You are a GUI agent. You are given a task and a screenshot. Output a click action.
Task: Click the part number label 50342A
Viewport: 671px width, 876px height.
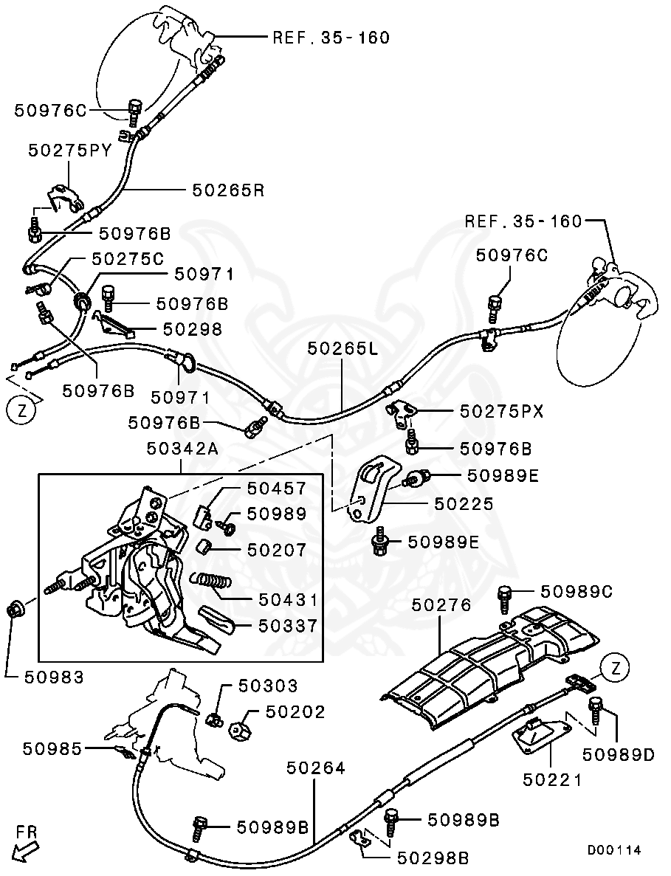point(183,447)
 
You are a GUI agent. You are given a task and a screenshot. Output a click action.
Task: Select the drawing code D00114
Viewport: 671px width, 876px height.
point(614,850)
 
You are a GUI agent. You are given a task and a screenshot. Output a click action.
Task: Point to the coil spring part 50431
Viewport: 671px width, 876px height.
point(213,582)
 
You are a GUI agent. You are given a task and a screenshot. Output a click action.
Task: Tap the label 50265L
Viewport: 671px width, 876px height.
point(343,348)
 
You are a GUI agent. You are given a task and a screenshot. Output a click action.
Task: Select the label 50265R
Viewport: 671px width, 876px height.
point(228,190)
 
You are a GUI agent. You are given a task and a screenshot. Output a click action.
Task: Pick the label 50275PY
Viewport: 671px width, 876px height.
point(70,151)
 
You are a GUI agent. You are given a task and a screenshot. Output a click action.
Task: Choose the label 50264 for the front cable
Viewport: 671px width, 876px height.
point(315,768)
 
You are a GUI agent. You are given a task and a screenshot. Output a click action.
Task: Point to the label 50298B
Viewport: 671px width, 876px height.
point(433,858)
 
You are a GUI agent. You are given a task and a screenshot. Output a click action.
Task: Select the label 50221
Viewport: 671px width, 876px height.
point(553,779)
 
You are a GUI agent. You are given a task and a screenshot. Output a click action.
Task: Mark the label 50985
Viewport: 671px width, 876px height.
point(52,748)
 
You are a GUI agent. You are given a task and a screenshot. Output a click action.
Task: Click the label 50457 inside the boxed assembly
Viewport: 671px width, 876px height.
point(277,489)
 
